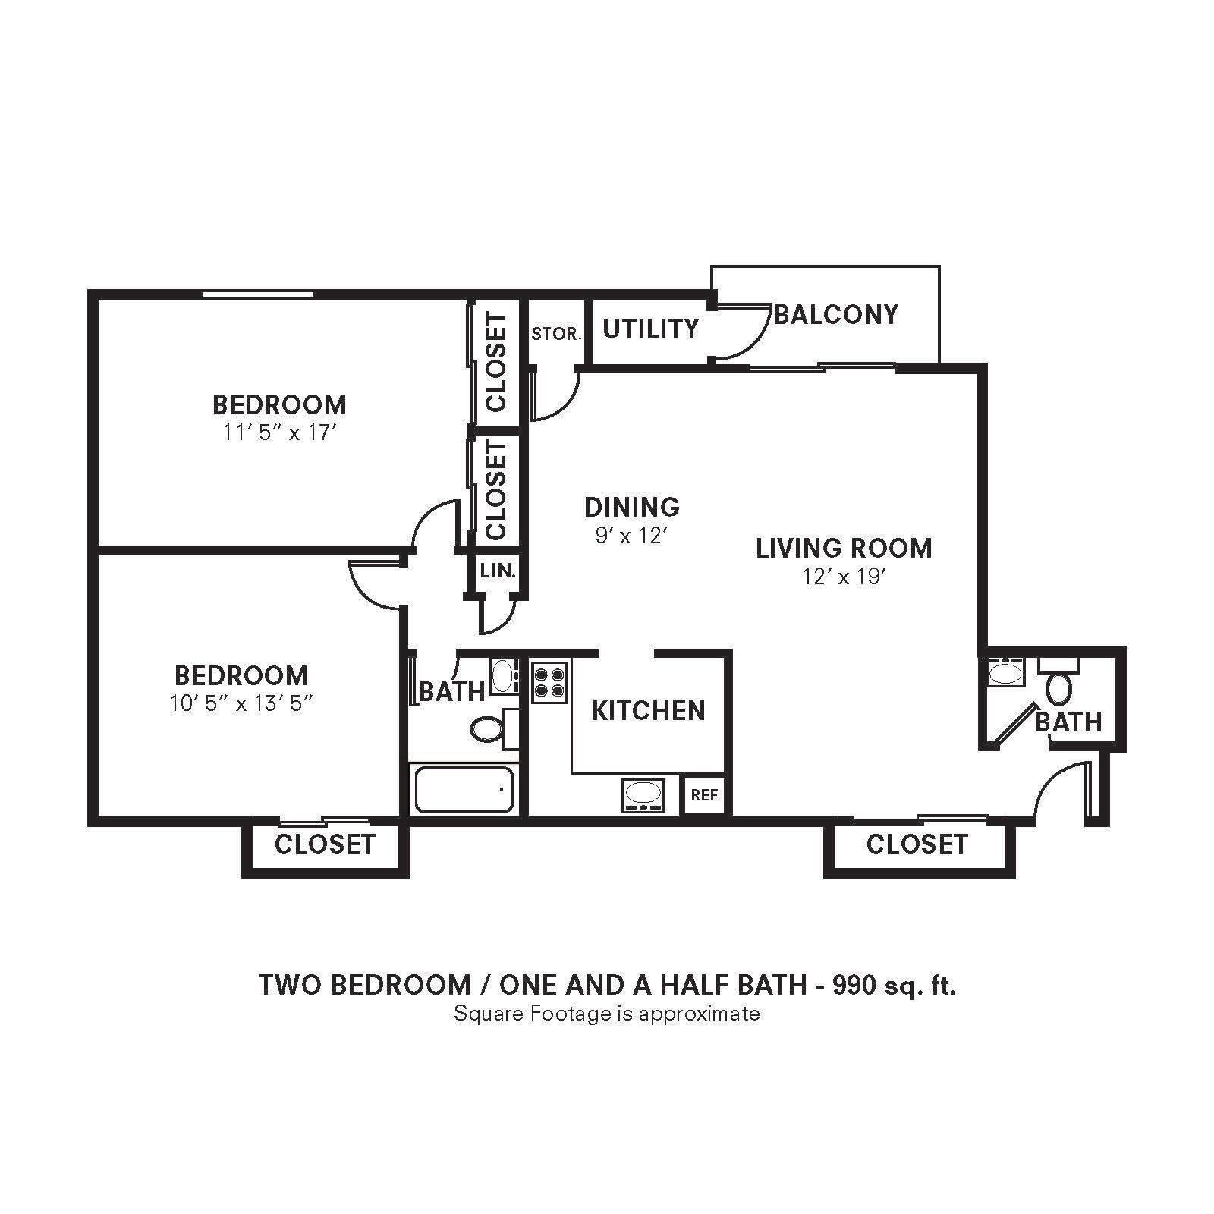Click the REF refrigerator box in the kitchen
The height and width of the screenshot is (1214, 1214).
(704, 795)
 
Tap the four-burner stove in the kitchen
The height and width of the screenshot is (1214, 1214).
(549, 681)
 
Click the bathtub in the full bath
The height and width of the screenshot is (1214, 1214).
(464, 790)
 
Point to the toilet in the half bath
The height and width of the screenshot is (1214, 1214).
(1059, 687)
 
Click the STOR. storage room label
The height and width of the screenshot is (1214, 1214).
(556, 334)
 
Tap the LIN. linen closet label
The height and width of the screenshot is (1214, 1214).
(498, 571)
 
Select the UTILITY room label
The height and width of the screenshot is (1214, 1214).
(650, 329)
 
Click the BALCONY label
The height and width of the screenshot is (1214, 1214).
(835, 314)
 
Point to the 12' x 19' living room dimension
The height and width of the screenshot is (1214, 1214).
(844, 577)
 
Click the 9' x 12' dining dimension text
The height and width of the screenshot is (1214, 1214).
(631, 536)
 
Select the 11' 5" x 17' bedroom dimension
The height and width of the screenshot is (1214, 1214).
(279, 432)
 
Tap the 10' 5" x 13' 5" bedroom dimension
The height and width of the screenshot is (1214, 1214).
(241, 703)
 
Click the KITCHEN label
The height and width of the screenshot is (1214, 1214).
(648, 711)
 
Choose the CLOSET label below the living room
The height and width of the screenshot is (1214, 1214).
(917, 844)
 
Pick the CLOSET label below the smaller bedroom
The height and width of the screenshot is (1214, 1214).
(325, 844)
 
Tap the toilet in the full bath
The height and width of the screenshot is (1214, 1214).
(486, 730)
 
